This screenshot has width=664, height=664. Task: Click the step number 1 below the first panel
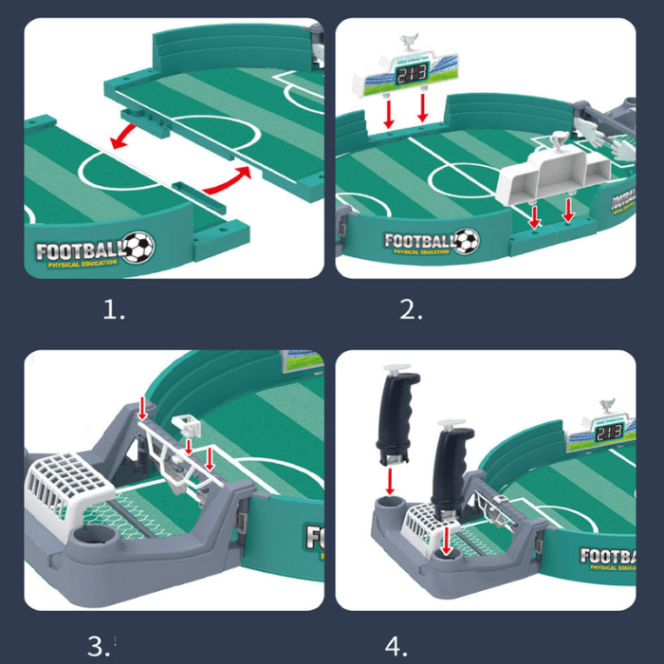pos(114,310)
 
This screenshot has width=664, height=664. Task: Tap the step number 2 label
pos(411,310)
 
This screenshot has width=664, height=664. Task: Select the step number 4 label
pos(397,646)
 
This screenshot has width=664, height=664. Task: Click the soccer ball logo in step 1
pos(138,249)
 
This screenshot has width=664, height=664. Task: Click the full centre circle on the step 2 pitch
pos(456,177)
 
